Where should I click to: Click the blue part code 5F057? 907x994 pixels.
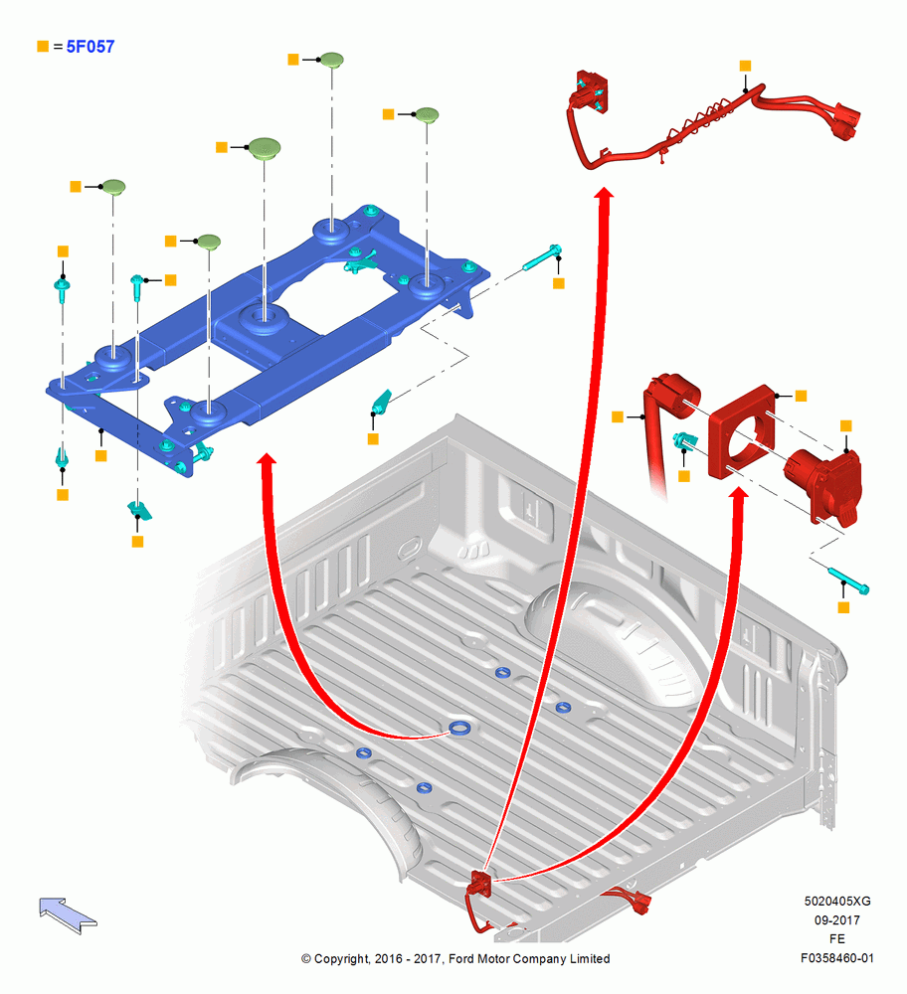click(x=91, y=47)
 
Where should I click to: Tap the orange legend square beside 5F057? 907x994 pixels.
click(x=43, y=47)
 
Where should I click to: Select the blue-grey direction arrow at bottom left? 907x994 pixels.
click(x=68, y=914)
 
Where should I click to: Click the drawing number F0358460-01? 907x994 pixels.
click(x=836, y=958)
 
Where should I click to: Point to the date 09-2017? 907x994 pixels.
click(x=836, y=919)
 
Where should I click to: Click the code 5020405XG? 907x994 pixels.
click(x=837, y=901)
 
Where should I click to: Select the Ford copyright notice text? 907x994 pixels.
click(x=455, y=958)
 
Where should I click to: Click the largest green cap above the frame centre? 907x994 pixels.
click(x=265, y=148)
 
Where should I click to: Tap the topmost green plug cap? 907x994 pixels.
click(x=331, y=61)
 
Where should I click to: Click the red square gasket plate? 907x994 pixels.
click(x=742, y=431)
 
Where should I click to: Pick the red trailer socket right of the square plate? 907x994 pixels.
click(x=824, y=484)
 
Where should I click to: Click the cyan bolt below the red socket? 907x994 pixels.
click(x=848, y=580)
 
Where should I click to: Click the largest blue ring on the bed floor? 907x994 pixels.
click(x=459, y=728)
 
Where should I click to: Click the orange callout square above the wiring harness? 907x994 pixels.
click(x=745, y=66)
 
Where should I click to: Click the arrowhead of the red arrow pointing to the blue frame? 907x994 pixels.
click(x=267, y=458)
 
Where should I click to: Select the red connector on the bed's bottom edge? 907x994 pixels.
click(x=480, y=884)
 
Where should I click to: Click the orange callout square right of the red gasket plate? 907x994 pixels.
click(x=801, y=396)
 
